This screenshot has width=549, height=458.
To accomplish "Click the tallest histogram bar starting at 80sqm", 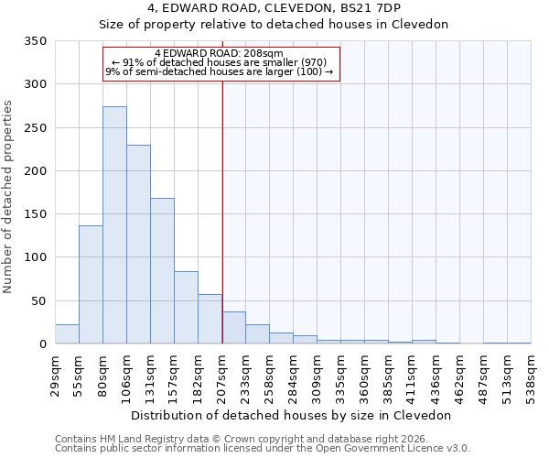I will click(x=114, y=225).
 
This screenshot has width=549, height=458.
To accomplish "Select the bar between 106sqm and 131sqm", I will click(x=138, y=245).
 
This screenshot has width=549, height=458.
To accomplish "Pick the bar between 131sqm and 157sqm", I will click(x=162, y=271).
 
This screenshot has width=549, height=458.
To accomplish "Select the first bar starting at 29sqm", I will click(x=67, y=334).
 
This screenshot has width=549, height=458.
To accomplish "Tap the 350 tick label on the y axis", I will click(x=35, y=41).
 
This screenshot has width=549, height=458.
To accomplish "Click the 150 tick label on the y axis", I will click(x=35, y=214).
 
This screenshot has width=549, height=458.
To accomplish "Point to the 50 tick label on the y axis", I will click(x=38, y=300).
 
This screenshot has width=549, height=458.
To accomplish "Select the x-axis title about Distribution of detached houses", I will click(x=292, y=415).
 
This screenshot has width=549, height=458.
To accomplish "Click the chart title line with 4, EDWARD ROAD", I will click(x=273, y=8).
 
